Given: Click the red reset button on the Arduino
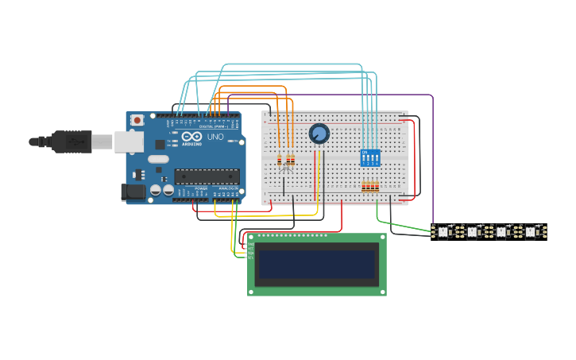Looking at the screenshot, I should tap(137, 120).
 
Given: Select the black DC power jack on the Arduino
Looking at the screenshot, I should tap(132, 192).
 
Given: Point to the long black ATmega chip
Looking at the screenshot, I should tap(207, 176).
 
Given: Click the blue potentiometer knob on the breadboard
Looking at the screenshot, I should tap(319, 134).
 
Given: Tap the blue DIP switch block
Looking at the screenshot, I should tap(370, 157).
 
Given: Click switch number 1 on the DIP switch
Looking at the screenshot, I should tap(364, 158).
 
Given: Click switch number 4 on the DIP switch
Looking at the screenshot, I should tap(377, 158).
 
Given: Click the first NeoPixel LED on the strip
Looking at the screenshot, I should tap(443, 232).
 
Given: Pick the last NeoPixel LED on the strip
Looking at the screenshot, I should tap(530, 232).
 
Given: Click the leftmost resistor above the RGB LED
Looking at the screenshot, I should tap(280, 161).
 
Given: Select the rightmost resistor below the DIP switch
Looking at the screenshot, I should tap(377, 187).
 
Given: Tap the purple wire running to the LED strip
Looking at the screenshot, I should tap(433, 159).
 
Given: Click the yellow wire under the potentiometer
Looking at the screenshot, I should tap(315, 179).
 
